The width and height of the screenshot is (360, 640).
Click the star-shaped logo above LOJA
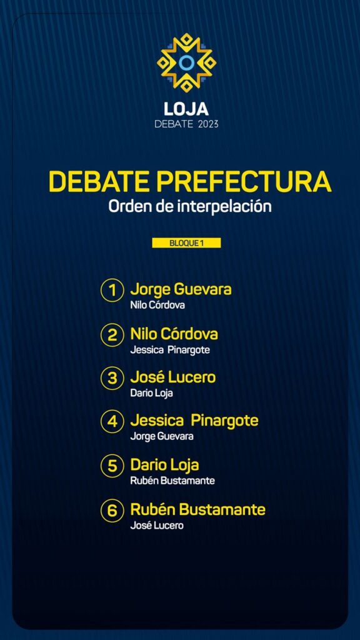pos(186,62)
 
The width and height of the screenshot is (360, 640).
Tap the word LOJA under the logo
pos(186,109)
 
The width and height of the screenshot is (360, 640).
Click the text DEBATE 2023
pos(186,124)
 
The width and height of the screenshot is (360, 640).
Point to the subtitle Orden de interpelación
pos(190,206)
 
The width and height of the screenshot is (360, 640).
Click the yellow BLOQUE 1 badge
pos(186,243)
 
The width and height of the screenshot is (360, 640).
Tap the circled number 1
pos(112,291)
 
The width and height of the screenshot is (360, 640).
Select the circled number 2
pos(112,335)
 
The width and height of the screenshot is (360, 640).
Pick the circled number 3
pos(112,378)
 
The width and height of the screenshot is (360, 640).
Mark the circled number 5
pos(112,466)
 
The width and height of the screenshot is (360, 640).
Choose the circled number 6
pos(112,511)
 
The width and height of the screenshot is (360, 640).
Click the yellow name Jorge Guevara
pos(181,289)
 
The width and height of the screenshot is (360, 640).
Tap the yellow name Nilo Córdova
pos(174,334)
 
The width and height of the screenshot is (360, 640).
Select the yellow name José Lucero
pos(172,377)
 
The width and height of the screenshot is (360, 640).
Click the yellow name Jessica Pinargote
pos(194,421)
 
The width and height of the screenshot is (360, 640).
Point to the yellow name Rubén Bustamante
pos(198,509)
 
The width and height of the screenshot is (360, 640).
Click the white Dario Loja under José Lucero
pos(151,393)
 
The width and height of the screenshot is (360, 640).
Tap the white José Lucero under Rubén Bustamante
pos(157,525)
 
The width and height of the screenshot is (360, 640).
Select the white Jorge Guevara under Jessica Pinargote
pos(162,436)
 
